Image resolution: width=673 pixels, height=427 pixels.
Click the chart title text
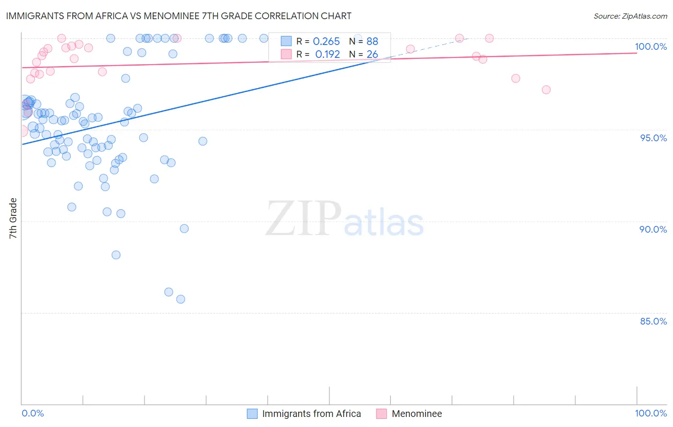[179, 16]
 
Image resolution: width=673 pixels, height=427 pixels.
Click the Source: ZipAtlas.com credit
[630, 16]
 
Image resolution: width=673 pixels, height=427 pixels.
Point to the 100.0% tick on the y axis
[651, 46]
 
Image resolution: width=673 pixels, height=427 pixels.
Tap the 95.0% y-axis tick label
[653, 138]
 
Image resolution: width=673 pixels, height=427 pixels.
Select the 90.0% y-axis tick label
[653, 229]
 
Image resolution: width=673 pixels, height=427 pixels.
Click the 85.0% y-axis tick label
[653, 321]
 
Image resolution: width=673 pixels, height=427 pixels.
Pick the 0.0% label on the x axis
[33, 413]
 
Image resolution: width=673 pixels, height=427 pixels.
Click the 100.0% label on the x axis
[651, 413]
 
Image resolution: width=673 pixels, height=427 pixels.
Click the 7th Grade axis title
[13, 218]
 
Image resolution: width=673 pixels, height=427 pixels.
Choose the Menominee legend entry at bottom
[416, 414]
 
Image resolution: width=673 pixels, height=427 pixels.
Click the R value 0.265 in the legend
[326, 42]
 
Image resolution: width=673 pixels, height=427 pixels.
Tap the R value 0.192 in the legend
[327, 55]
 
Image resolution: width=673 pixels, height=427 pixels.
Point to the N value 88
[372, 42]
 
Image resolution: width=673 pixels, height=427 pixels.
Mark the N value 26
[372, 55]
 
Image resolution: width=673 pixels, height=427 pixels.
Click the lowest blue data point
[180, 299]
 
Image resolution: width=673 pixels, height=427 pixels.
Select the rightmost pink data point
[546, 90]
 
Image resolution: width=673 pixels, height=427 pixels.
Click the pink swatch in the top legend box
[286, 55]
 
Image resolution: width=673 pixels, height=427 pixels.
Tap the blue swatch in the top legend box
[286, 42]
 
